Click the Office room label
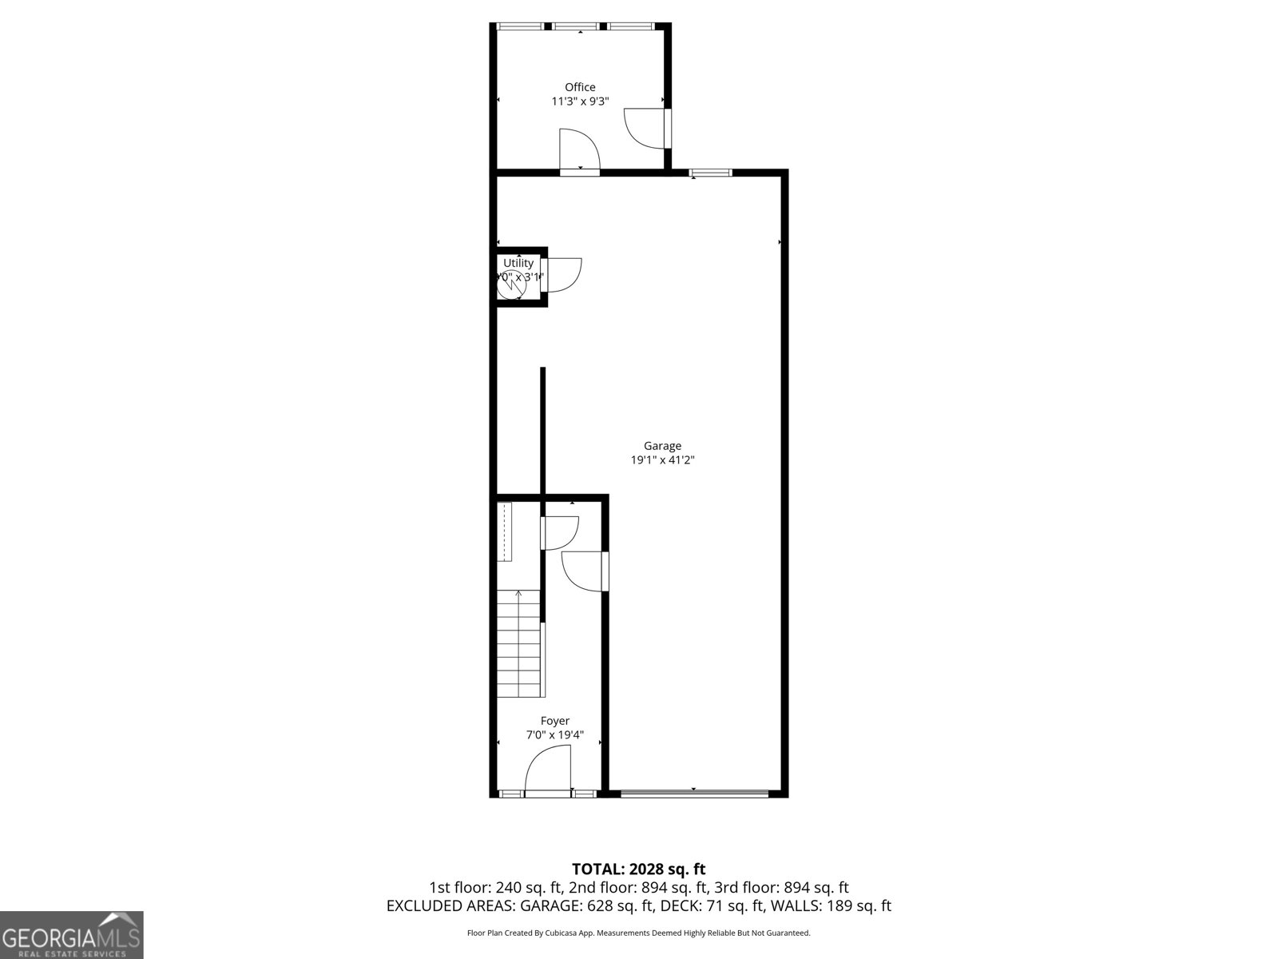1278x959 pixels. tap(580, 87)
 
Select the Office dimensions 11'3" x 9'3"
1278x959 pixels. tap(580, 101)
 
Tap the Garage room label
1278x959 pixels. tap(662, 446)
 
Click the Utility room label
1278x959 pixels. tap(518, 263)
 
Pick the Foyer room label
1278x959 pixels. tap(554, 721)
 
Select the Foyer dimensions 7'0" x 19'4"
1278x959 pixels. tap(554, 735)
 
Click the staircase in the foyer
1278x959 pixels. tap(519, 643)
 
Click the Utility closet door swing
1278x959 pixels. tap(562, 274)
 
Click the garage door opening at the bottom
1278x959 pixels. tap(694, 794)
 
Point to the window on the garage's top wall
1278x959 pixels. tap(710, 172)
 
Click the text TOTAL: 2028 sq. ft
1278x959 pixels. tap(638, 869)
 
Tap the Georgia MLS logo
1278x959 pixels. tap(71, 934)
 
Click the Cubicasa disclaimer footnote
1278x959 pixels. tap(638, 933)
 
